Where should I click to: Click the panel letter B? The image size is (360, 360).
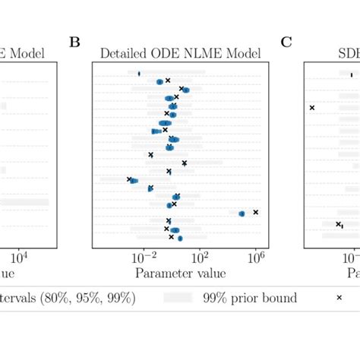74,42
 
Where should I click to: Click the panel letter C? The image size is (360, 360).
286,42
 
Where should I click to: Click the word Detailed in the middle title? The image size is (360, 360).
123,54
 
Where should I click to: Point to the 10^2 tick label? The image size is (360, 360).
200,258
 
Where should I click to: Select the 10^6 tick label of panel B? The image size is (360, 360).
256,258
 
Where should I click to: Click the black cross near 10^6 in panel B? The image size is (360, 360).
256,212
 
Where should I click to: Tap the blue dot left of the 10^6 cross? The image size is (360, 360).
242,214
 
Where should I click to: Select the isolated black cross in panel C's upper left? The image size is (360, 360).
311,108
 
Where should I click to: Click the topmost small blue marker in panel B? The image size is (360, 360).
139,74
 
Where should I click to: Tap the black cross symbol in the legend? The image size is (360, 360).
339,298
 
